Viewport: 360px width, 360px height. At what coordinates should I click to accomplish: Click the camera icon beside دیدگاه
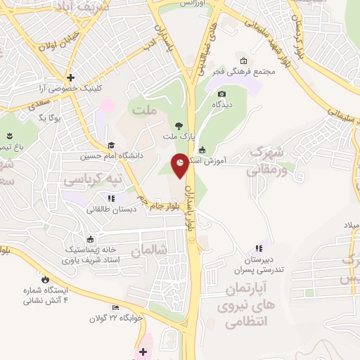click(222, 94)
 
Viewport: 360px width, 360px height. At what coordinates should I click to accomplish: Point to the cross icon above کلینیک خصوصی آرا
click(70, 77)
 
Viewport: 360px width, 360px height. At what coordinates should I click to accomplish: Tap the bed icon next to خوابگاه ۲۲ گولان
click(115, 307)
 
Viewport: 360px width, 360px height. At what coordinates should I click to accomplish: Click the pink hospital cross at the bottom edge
click(143, 352)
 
